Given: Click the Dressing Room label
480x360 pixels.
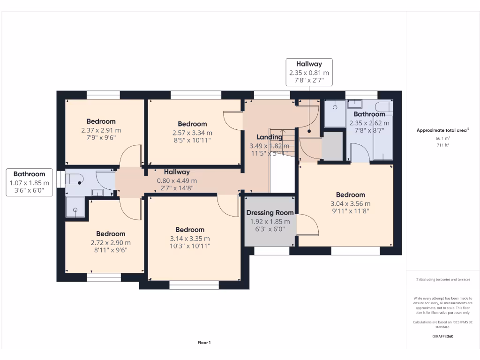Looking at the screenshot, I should [x=270, y=213].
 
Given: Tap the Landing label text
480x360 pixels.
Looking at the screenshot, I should [x=269, y=137].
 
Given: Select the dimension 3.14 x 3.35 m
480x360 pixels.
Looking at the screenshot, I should [x=190, y=238].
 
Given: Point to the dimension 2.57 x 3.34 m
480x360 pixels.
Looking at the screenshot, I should [x=192, y=133].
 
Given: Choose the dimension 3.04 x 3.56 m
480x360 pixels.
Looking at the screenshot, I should [x=350, y=203].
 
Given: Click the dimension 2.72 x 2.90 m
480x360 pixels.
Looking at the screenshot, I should [x=111, y=242].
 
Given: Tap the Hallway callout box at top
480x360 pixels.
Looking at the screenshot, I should [x=309, y=72].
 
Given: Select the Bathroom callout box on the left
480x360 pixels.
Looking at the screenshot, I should [x=29, y=182].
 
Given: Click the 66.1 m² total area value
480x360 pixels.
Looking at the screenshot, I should [x=443, y=139].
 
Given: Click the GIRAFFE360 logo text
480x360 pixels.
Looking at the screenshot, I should [x=443, y=336].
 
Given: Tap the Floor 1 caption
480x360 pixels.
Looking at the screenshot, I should [x=204, y=343].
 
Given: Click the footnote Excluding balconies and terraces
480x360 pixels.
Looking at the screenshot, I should [x=443, y=279].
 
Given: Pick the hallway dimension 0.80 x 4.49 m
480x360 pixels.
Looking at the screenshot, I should [x=177, y=180].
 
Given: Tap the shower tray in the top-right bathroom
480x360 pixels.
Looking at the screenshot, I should [x=335, y=112].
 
